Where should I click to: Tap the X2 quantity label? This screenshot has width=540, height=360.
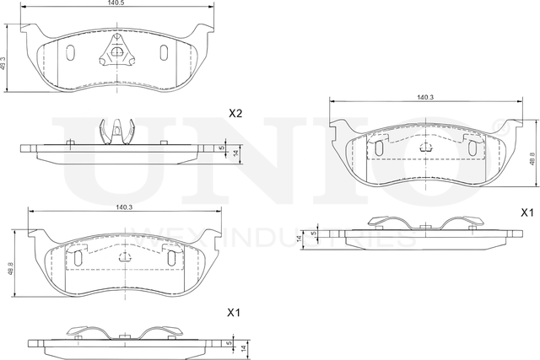[235, 113]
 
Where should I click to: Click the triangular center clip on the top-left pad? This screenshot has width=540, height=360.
[116, 52]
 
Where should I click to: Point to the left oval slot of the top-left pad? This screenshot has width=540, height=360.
[70, 53]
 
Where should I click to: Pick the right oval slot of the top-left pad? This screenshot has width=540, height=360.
[163, 53]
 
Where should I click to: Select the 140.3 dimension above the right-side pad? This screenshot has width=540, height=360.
[424, 99]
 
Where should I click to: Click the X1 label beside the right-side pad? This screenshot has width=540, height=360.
[528, 212]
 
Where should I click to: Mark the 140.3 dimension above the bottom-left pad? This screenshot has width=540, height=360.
[123, 207]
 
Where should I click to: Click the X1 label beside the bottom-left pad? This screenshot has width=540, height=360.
[235, 313]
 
